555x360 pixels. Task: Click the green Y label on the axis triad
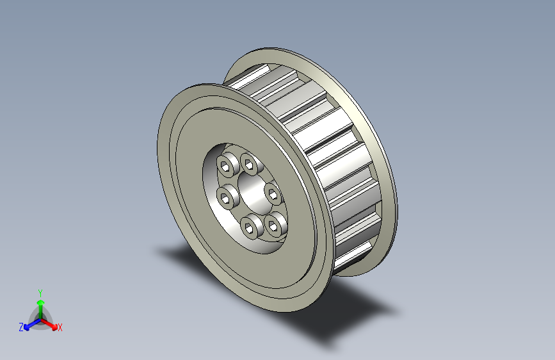pyautogui.click(x=40, y=293)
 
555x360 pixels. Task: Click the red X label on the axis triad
pyautogui.click(x=60, y=328)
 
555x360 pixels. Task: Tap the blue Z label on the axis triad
pyautogui.click(x=21, y=327)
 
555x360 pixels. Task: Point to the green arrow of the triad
pyautogui.click(x=41, y=309)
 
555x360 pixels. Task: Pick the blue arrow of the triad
pyautogui.click(x=33, y=324)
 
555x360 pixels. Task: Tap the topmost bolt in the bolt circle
pyautogui.click(x=250, y=164)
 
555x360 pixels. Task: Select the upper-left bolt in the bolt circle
pyautogui.click(x=226, y=165)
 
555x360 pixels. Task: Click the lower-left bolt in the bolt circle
pyautogui.click(x=226, y=196)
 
